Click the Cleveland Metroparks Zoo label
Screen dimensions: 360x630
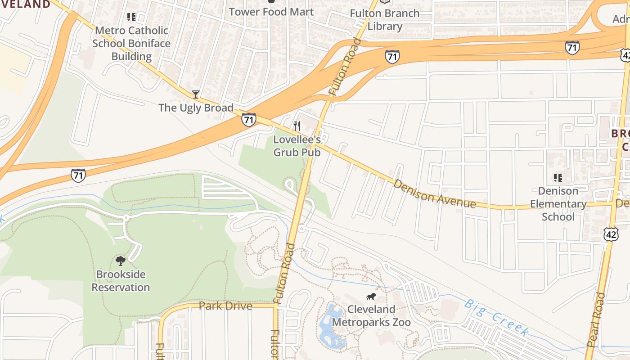click(x=371, y=316)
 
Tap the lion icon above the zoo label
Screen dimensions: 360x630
click(x=371, y=297)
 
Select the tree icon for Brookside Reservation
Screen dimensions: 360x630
click(x=121, y=261)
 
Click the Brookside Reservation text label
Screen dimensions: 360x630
click(x=121, y=281)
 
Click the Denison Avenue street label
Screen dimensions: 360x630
click(x=434, y=193)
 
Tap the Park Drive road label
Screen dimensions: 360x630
click(x=225, y=306)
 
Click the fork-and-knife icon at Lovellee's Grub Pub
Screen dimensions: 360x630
click(x=297, y=126)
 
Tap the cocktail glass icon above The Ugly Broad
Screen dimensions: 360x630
click(x=196, y=94)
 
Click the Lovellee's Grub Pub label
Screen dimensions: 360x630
click(x=297, y=146)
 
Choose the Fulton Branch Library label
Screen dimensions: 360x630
click(x=385, y=20)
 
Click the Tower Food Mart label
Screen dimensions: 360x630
click(x=271, y=12)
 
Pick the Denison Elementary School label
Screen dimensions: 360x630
click(x=558, y=204)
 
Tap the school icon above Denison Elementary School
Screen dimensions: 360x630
click(x=558, y=178)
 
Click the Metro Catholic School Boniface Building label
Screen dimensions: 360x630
click(x=131, y=43)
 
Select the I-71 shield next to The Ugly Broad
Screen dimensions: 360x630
click(x=248, y=119)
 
